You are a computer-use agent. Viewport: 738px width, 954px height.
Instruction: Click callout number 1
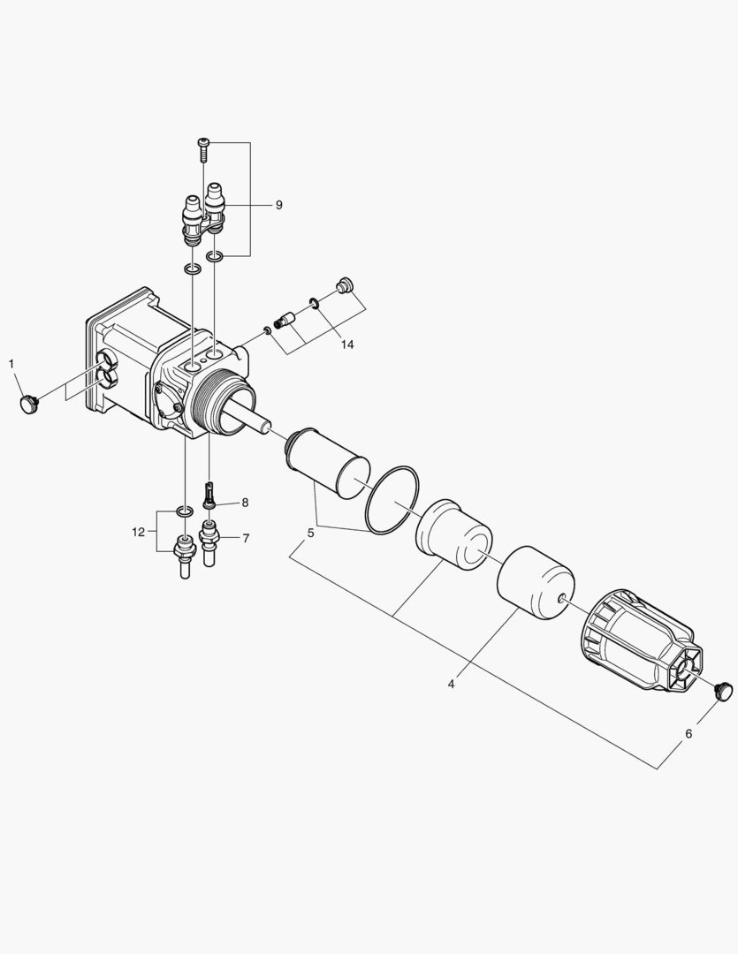click(x=11, y=363)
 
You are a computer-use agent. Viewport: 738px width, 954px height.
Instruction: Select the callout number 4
click(x=451, y=684)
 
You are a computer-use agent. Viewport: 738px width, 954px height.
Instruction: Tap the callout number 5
click(x=310, y=533)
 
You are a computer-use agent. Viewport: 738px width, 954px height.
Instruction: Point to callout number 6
click(x=689, y=732)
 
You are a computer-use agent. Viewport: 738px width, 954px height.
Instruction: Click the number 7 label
click(x=245, y=537)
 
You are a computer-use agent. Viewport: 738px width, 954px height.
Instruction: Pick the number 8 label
click(x=245, y=502)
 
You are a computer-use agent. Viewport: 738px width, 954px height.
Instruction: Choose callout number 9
click(x=278, y=204)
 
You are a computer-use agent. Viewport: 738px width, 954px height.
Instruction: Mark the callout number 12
click(x=138, y=532)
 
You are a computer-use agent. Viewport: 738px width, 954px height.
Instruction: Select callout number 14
click(x=347, y=344)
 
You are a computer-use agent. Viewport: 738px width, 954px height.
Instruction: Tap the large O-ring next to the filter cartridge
click(x=395, y=501)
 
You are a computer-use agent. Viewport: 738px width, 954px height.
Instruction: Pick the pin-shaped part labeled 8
click(x=209, y=495)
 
